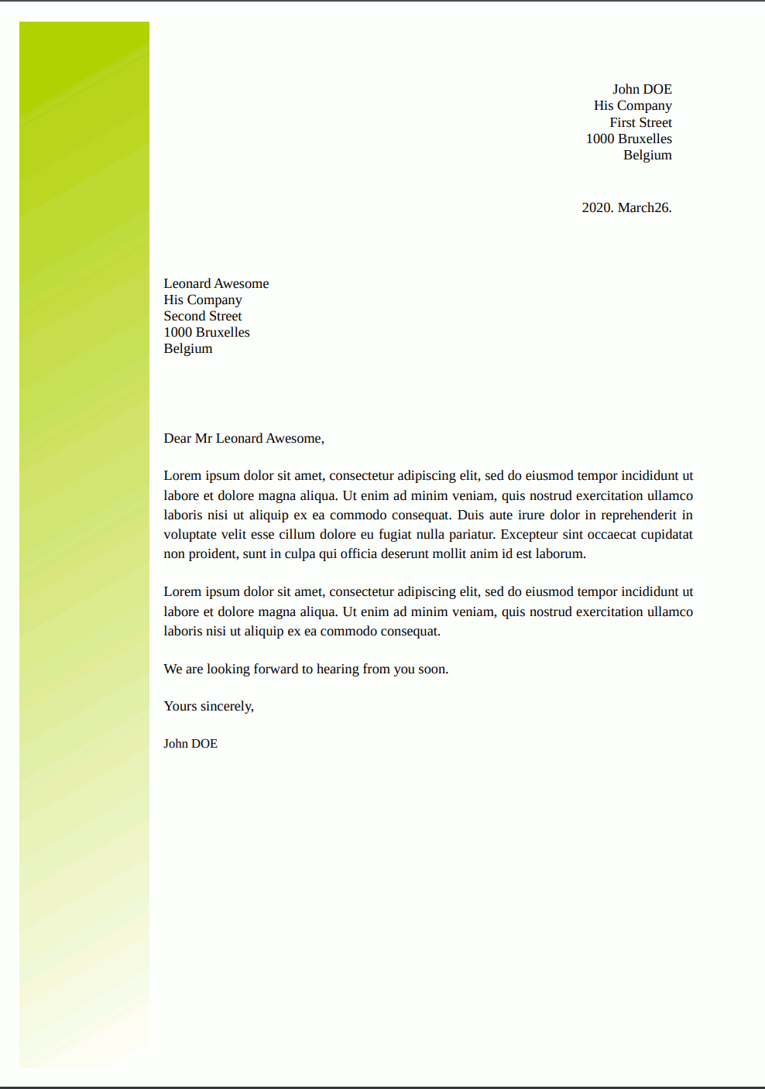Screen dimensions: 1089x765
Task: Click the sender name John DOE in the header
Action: (x=641, y=90)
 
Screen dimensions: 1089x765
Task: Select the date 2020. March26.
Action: (x=626, y=207)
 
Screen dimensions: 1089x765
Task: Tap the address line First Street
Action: (x=640, y=122)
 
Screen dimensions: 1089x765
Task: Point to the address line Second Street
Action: (x=203, y=316)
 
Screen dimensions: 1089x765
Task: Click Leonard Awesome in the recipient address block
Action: (x=216, y=283)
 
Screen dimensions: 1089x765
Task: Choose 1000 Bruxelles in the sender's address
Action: (x=629, y=139)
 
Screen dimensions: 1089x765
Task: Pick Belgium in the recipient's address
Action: (x=188, y=348)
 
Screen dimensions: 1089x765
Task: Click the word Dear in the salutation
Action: (x=177, y=438)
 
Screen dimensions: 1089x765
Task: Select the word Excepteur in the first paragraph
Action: (x=529, y=534)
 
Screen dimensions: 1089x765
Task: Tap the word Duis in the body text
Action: (x=470, y=515)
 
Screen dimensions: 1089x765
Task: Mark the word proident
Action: (x=212, y=553)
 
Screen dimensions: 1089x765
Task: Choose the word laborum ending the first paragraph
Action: (x=559, y=553)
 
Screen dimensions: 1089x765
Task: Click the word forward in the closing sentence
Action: (x=276, y=669)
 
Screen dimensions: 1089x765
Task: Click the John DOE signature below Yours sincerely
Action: (x=190, y=744)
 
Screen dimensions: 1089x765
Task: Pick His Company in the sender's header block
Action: (x=633, y=106)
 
